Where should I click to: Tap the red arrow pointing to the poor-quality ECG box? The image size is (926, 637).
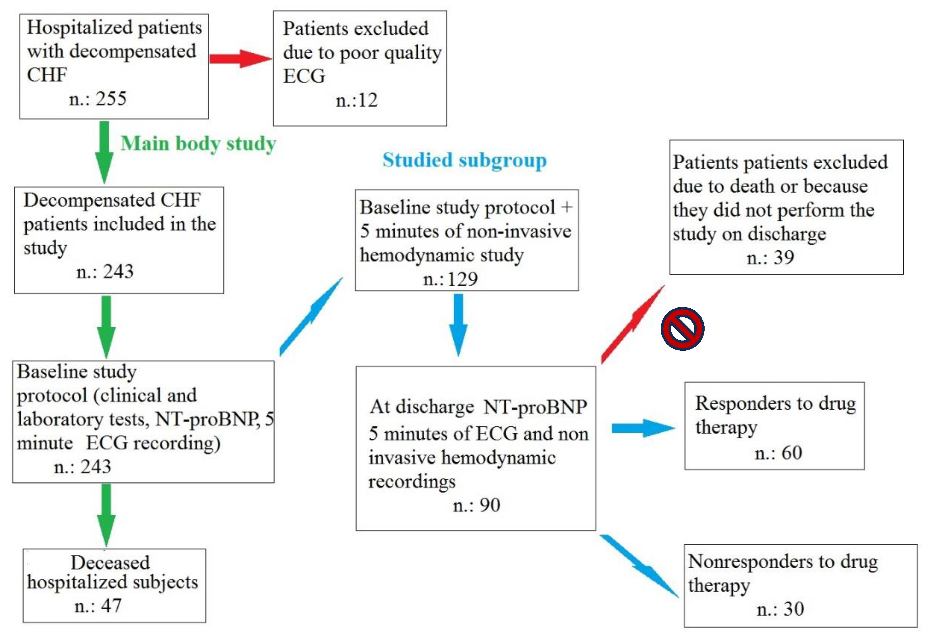click(240, 59)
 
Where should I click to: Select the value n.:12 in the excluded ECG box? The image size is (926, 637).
click(356, 100)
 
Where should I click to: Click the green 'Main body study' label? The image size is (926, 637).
click(198, 144)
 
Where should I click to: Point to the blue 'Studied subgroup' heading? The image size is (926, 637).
click(464, 160)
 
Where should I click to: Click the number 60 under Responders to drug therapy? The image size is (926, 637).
click(792, 453)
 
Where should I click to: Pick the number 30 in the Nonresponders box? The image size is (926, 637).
click(793, 609)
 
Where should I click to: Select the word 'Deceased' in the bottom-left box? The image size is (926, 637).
click(110, 563)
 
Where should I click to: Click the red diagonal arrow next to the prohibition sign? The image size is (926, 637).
click(633, 324)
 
